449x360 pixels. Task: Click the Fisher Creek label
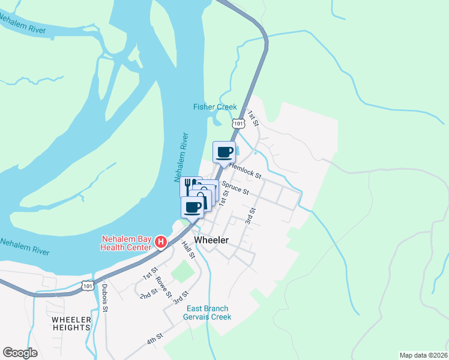[x=215, y=107]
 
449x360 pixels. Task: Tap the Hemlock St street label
[x=246, y=171]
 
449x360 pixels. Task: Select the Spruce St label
[x=235, y=188]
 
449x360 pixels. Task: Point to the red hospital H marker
[x=161, y=242]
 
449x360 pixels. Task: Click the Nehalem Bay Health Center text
[x=127, y=242]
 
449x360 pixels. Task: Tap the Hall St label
[x=188, y=250]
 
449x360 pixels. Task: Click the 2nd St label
[x=148, y=293]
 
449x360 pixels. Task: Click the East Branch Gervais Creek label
[x=208, y=313]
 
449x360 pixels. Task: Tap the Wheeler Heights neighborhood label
[x=71, y=323]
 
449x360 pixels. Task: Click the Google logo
[x=20, y=353]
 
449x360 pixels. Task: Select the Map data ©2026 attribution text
[x=423, y=355]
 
